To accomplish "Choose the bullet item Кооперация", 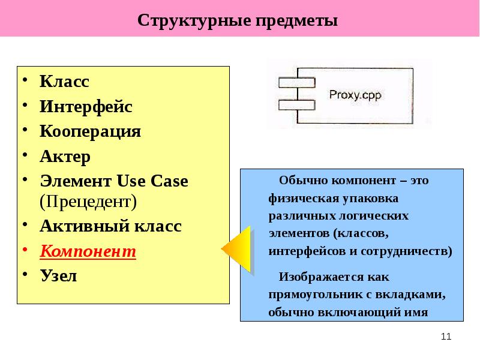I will point(91,131).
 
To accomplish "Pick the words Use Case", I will point(152,181).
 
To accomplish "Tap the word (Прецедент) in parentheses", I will point(89,200).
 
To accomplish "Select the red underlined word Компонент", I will point(88,251).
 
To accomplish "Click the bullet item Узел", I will point(58,276).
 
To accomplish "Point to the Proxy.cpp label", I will point(355,94).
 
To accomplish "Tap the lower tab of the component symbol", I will point(296,104).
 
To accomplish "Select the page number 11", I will point(445,337).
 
